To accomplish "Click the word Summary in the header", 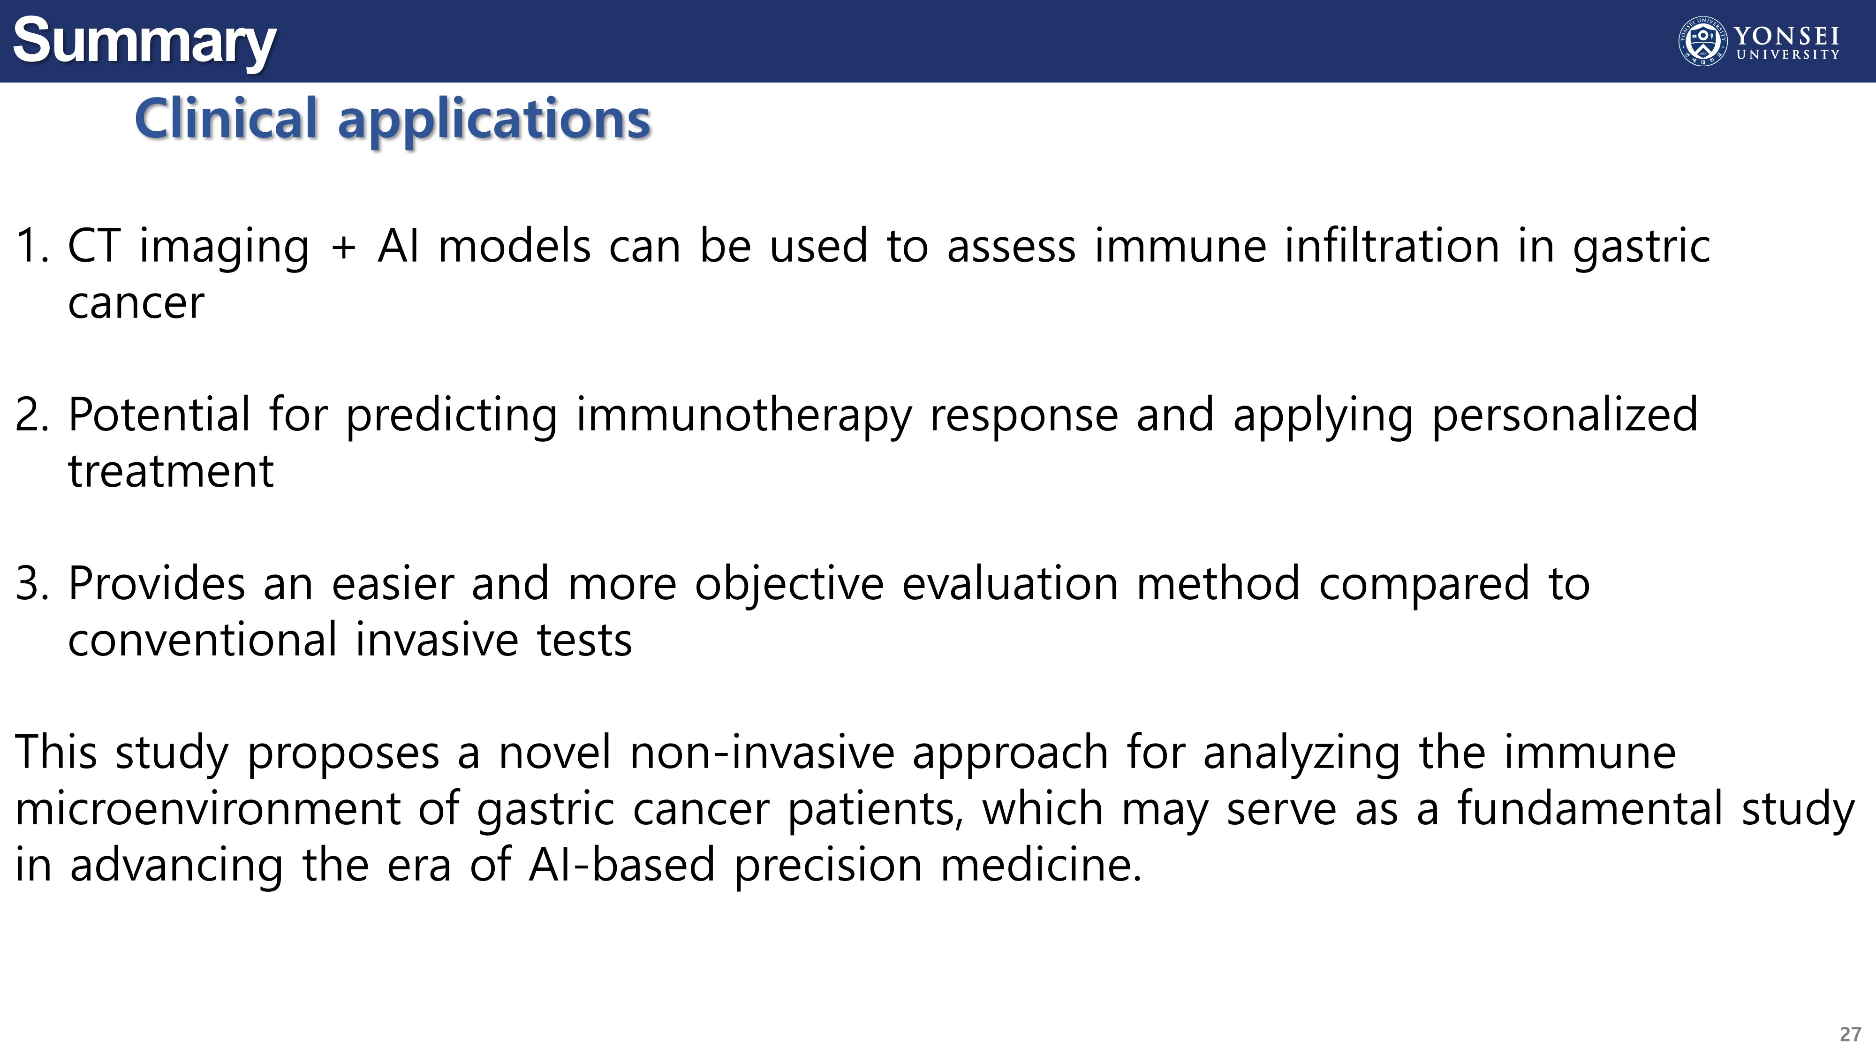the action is (x=144, y=42).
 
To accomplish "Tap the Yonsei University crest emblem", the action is (x=1702, y=42).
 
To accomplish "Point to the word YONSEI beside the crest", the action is (x=1786, y=36).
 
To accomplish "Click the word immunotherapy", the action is (x=743, y=416).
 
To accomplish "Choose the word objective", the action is (x=789, y=585).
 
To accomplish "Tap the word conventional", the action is (x=203, y=640).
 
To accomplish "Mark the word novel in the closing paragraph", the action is (x=555, y=753).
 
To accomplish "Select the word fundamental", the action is (x=1590, y=809).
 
